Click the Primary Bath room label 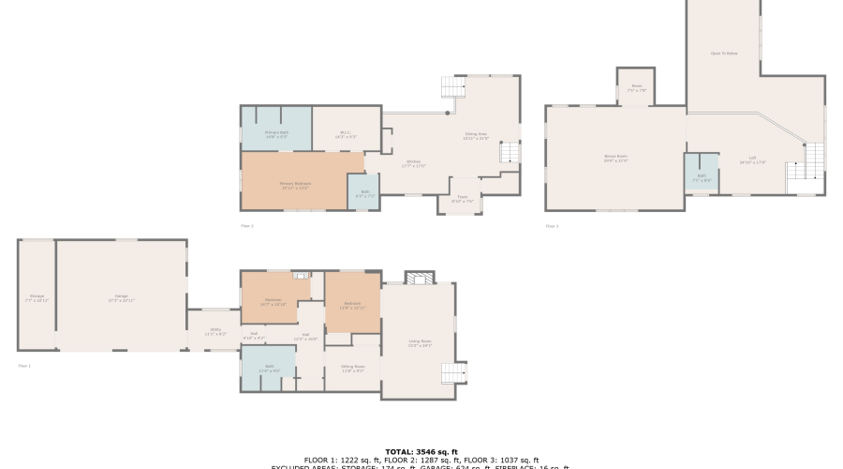coord(275,134)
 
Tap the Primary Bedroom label coord(294,186)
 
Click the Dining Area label coord(477,135)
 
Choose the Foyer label coord(463,200)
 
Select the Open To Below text coord(723,53)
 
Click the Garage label coord(122,297)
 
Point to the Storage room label coord(37,297)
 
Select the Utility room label coord(214,331)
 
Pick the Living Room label coord(419,342)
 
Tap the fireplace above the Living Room coord(418,277)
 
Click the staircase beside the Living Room coord(453,372)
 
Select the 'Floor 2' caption coord(247,226)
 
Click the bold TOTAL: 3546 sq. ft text coord(421,452)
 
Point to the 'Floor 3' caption coord(552,226)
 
